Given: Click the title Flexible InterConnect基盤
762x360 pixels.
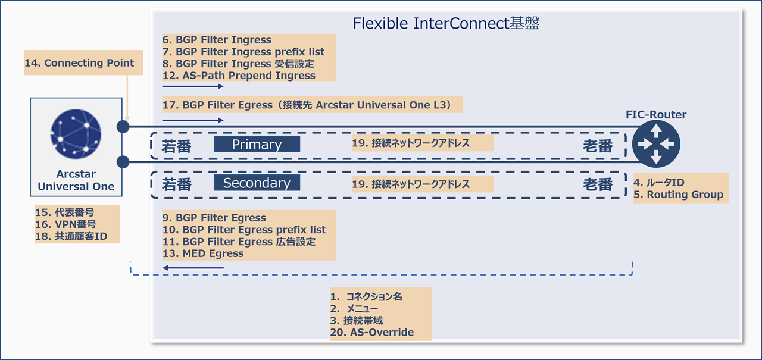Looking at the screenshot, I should [446, 24].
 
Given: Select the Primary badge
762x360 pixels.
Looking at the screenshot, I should [257, 145].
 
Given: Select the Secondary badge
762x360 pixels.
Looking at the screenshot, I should [257, 183].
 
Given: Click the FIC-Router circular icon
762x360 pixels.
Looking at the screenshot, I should [655, 143].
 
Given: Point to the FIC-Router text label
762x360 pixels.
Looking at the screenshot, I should [656, 114].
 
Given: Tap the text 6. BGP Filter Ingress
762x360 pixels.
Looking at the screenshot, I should [217, 40].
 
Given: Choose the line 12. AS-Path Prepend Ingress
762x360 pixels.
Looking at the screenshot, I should [239, 76].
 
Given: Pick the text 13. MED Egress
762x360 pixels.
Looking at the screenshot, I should [203, 253].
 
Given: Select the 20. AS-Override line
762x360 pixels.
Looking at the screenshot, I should [372, 333].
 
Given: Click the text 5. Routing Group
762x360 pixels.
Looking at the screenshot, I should [679, 195].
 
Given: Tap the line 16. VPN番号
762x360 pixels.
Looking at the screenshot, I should [65, 224].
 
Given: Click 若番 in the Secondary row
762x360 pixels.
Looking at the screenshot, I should [177, 184].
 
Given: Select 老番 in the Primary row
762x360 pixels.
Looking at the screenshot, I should [598, 146].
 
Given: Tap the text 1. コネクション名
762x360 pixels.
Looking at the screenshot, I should [366, 296].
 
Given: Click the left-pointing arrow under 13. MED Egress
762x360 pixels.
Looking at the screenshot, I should [193, 268].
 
